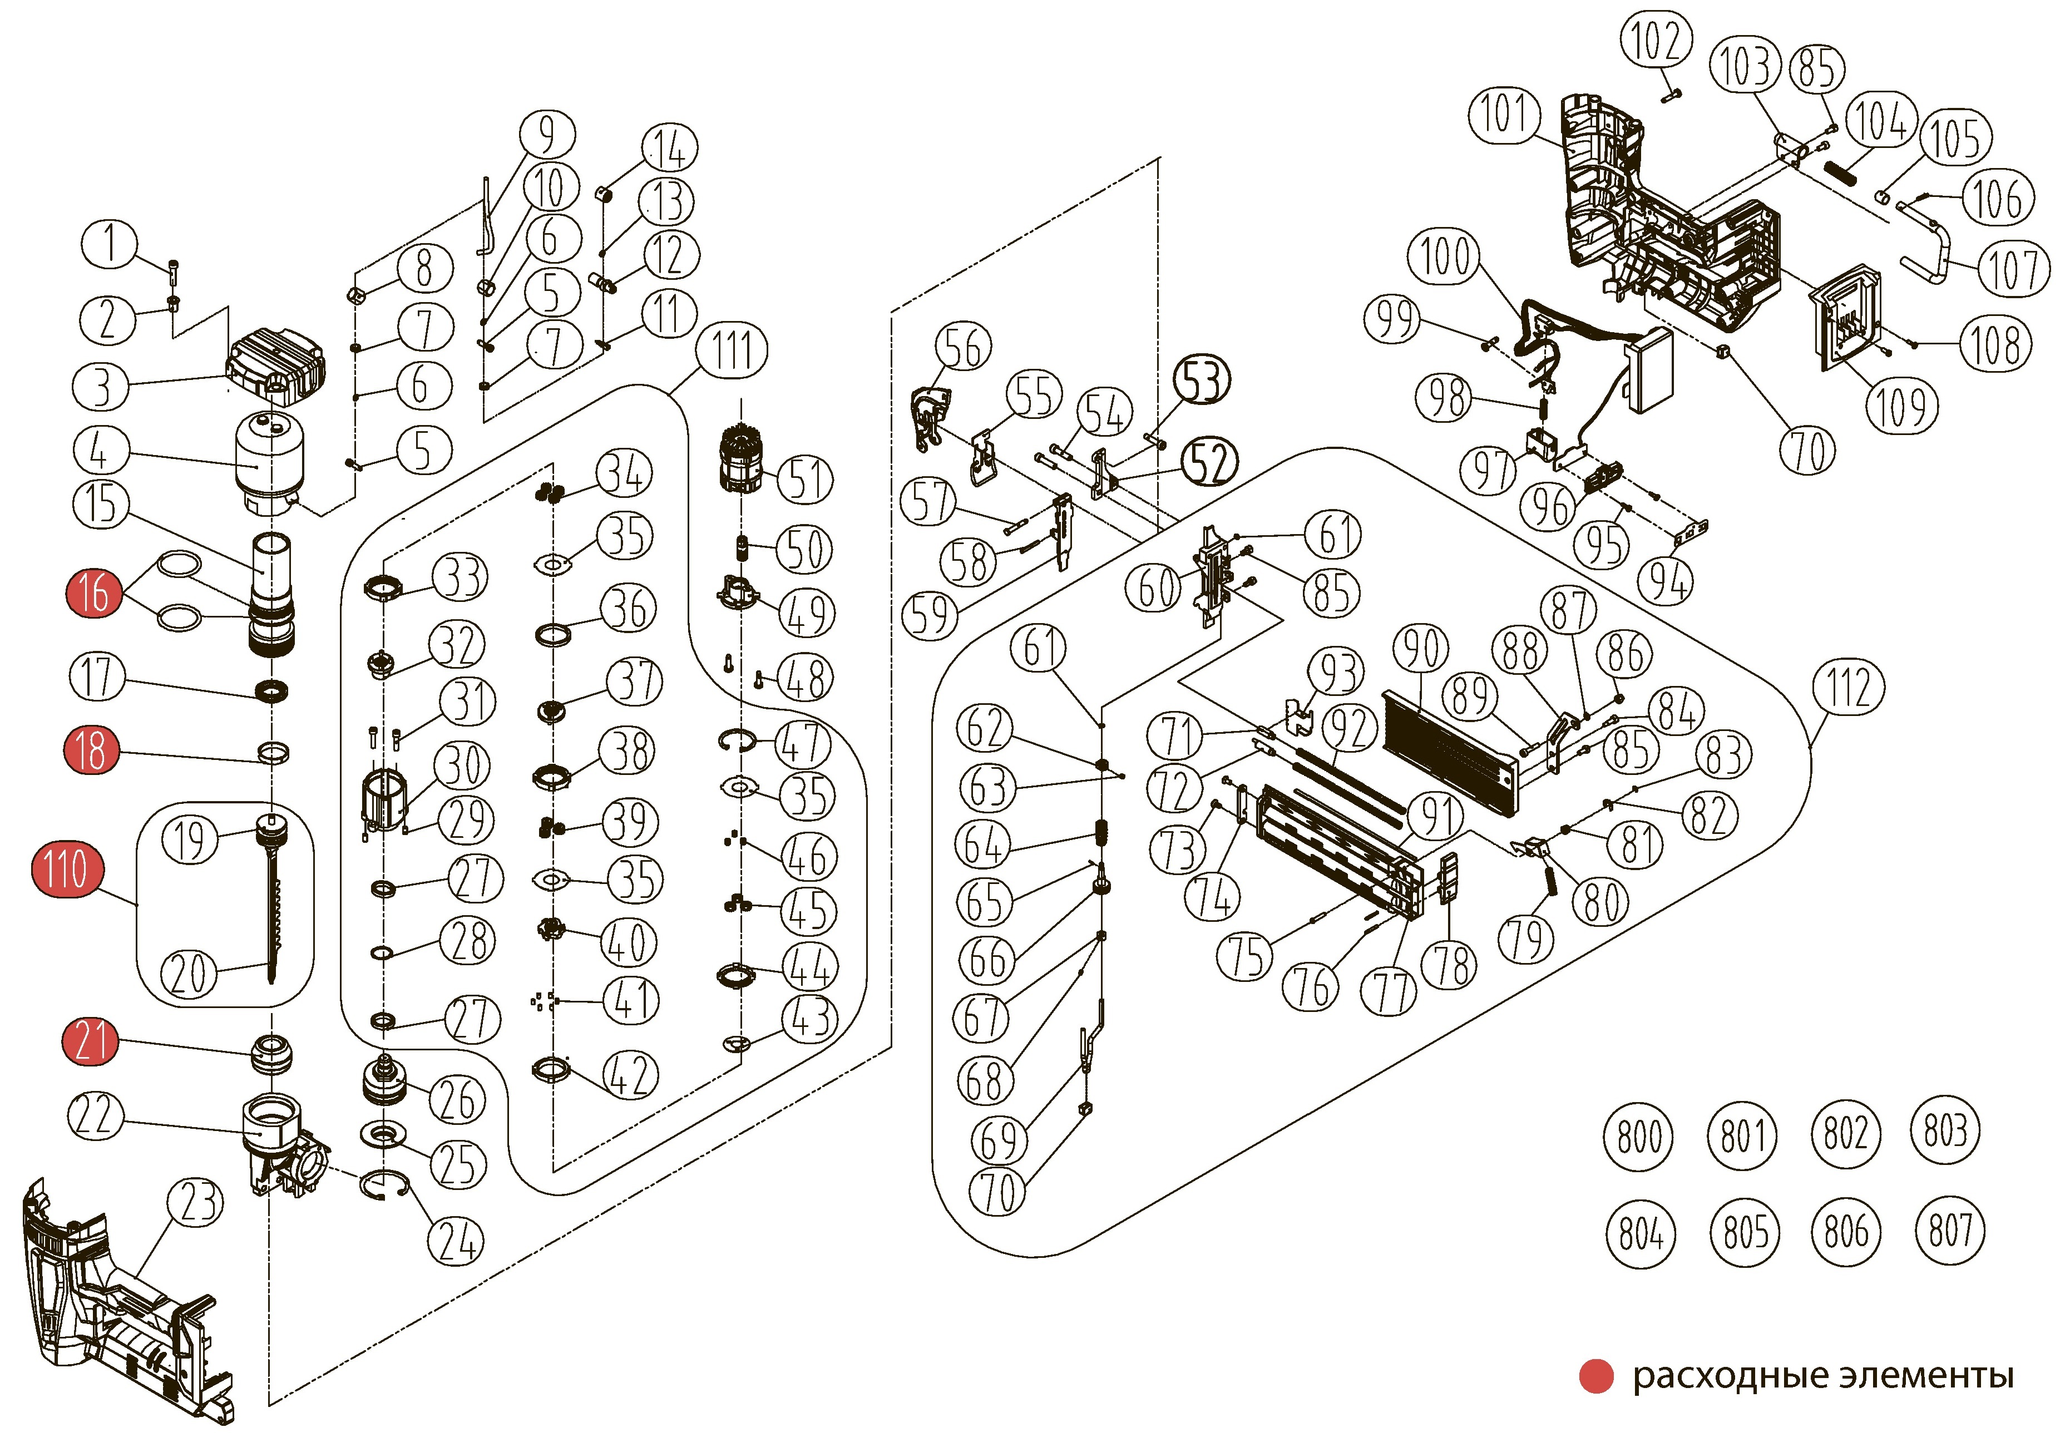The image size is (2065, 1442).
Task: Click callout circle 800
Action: click(1639, 1135)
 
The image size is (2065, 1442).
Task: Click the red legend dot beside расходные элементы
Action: click(1597, 1376)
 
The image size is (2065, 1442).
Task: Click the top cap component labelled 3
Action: click(274, 362)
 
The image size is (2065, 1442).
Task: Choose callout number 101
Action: click(1504, 114)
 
